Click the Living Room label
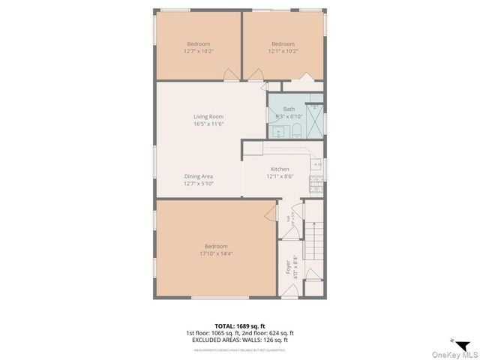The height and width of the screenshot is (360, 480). coord(208,116)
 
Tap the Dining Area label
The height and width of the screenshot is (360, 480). coord(199,176)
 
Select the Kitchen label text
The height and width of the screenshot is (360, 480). coord(280,169)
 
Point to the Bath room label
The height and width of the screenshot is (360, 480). coord(289,109)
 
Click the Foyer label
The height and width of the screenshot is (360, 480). coord(288,268)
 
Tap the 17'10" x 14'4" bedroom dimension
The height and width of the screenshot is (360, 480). coord(216,253)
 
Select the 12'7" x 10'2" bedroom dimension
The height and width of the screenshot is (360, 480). coord(199,51)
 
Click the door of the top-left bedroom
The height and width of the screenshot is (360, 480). coord(232,75)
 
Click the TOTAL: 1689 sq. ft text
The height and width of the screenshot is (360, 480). coord(239,325)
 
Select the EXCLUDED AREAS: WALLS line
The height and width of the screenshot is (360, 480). coord(239,340)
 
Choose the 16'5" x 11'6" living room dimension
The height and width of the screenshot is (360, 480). coord(208,124)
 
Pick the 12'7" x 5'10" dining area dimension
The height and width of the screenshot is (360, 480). coord(199,184)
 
